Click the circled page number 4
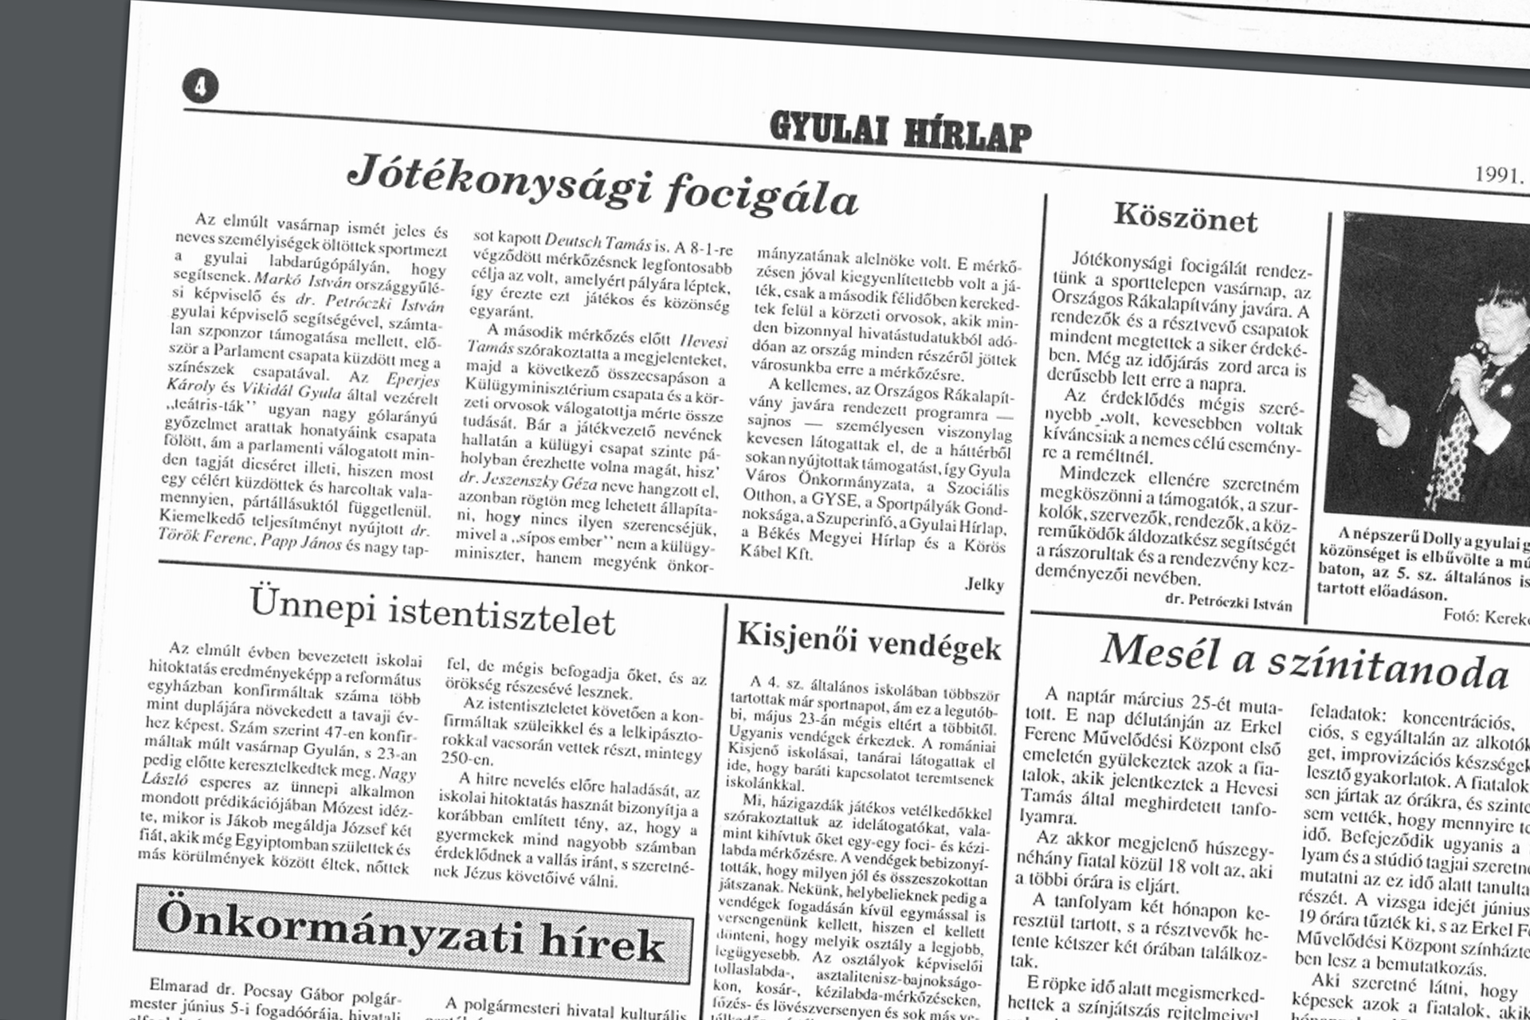point(200,86)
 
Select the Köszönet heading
point(1185,217)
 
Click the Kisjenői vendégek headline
point(869,642)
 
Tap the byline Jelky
point(984,584)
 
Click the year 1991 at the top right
point(1498,175)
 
